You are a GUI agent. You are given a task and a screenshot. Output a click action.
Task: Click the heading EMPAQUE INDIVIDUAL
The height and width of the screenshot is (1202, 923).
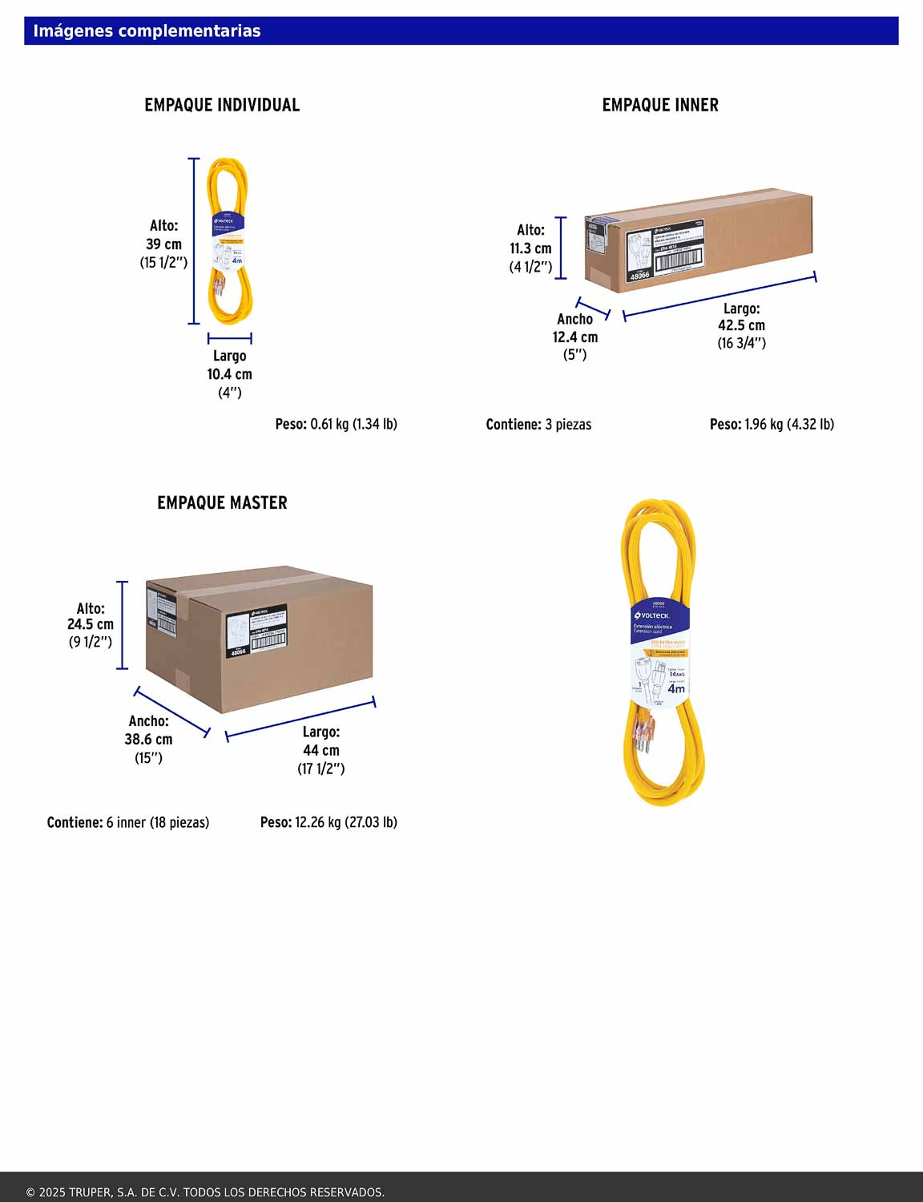click(222, 105)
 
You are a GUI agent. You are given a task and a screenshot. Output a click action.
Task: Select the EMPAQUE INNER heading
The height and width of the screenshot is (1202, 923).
click(660, 105)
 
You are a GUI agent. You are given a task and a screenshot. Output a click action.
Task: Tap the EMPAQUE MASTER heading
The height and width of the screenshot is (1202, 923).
click(222, 503)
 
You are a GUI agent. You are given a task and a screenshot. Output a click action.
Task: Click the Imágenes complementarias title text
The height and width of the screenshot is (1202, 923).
click(147, 31)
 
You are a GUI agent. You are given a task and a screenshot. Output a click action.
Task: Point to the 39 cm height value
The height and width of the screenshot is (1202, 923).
click(163, 244)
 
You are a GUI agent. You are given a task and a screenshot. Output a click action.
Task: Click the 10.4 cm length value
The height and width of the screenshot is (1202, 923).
click(229, 374)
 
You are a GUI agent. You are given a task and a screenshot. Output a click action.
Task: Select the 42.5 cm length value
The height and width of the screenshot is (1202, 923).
click(741, 325)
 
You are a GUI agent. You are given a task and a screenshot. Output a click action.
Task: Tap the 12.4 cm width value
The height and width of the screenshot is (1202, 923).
click(574, 337)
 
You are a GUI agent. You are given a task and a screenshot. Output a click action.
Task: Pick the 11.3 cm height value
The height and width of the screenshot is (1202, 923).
click(530, 248)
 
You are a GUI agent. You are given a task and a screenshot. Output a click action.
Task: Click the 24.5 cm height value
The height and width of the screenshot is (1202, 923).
click(91, 624)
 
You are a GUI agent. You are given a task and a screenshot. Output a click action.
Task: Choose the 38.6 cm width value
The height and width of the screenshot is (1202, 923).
click(148, 740)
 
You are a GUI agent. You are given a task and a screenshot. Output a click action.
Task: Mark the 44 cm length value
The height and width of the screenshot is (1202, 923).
click(320, 751)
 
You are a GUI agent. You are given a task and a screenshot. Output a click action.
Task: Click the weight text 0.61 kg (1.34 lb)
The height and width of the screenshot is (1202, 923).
click(353, 424)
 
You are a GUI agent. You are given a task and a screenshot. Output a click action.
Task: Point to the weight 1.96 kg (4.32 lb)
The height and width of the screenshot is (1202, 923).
click(789, 424)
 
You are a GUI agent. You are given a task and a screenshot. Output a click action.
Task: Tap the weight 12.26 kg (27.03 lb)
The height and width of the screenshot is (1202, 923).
click(345, 822)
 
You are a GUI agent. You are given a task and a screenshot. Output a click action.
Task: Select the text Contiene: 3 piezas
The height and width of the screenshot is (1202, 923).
click(538, 425)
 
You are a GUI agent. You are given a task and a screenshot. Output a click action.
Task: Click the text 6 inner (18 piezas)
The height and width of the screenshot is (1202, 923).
click(158, 823)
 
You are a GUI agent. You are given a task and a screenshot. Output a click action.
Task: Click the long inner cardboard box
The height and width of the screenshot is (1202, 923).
click(697, 240)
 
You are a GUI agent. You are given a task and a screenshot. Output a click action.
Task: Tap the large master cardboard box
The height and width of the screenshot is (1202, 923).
click(259, 637)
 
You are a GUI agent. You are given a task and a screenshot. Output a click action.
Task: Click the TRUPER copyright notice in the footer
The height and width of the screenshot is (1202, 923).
click(205, 1192)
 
